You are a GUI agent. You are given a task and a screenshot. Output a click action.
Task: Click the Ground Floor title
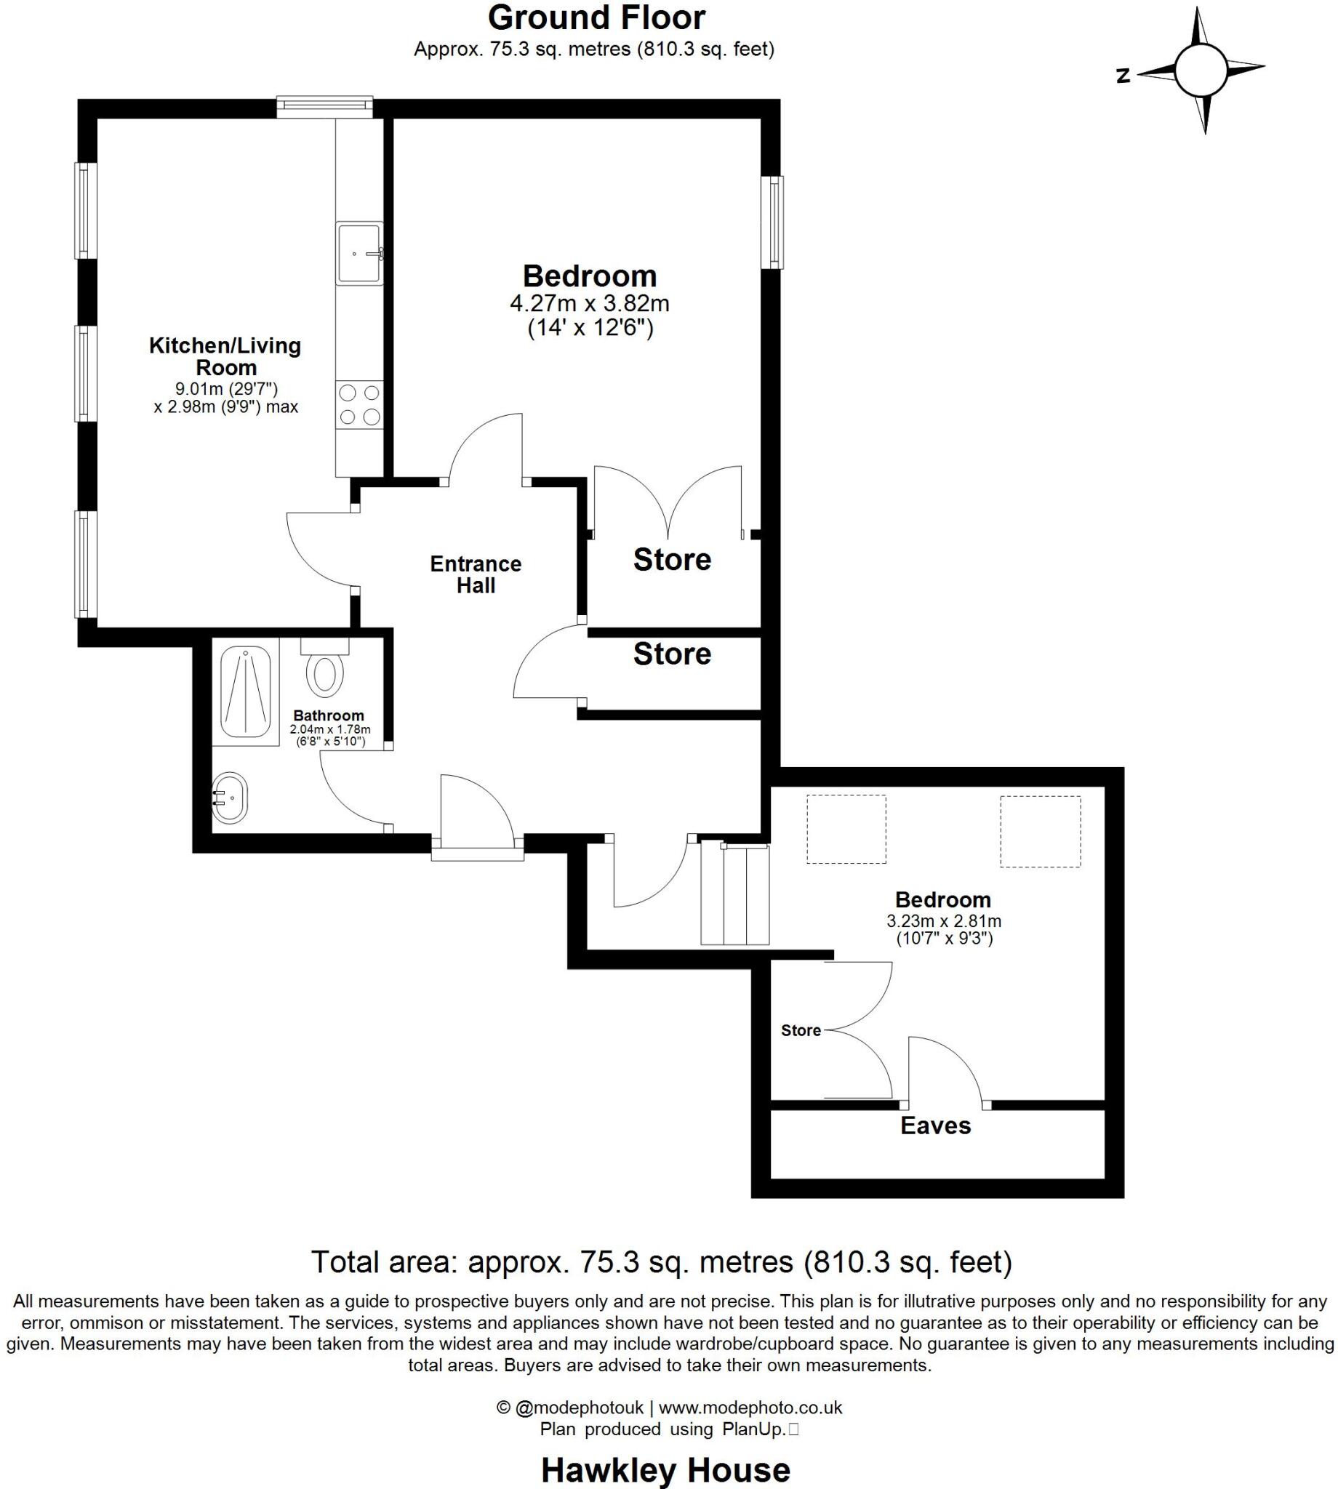tap(596, 17)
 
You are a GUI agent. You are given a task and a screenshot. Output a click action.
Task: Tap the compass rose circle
tap(1200, 71)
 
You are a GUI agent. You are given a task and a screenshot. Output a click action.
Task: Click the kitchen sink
tap(358, 254)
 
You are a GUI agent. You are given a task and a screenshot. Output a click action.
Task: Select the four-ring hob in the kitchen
tap(359, 405)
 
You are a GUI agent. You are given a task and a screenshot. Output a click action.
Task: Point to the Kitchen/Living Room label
tap(225, 356)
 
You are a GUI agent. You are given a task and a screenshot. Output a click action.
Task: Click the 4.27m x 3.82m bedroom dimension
tap(590, 302)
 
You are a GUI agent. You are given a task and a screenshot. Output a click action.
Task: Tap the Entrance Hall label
tap(476, 574)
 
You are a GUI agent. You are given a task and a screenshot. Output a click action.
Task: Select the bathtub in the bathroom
tap(246, 691)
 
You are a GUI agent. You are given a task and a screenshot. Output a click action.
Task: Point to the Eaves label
tap(935, 1125)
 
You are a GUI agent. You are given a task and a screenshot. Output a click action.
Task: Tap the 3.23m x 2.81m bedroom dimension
tap(943, 921)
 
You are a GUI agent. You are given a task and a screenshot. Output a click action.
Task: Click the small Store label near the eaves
tap(801, 1030)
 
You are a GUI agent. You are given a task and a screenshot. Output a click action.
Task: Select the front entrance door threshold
tap(477, 853)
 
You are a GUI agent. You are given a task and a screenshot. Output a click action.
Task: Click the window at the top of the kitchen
tap(324, 108)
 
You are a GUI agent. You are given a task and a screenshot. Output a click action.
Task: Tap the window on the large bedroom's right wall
tap(773, 222)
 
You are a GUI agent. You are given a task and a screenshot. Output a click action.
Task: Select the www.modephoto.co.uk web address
tap(750, 1408)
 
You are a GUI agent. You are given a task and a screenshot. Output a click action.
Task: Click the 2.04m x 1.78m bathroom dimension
tap(329, 730)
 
